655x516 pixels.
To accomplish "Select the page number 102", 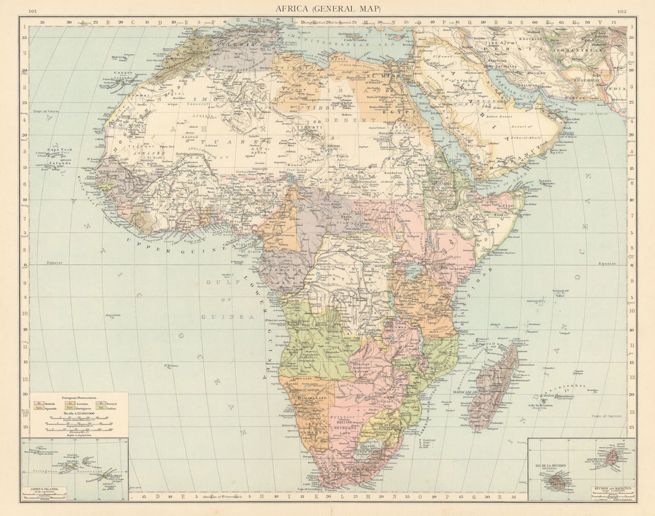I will [x=622, y=11].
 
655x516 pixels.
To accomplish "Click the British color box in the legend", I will [x=39, y=403].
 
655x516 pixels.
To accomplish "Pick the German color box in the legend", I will [x=70, y=403].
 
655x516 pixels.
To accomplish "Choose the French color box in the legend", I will [x=101, y=403].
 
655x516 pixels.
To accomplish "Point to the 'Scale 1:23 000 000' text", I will [x=79, y=413].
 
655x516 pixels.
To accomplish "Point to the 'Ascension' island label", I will [x=113, y=315].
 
